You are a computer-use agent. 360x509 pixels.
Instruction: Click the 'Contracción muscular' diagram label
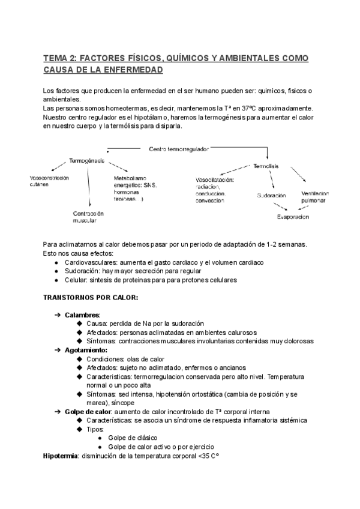(88, 217)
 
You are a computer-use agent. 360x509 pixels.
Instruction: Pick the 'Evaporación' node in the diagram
(293, 217)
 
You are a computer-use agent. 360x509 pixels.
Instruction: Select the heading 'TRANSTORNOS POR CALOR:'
(91, 297)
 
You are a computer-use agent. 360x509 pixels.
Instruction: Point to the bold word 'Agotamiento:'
(86, 349)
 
